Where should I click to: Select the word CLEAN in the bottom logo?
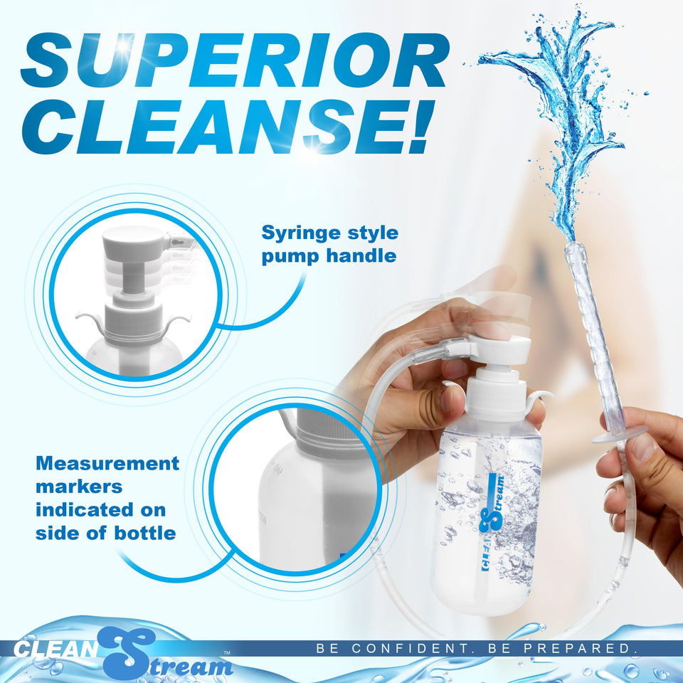coord(55,650)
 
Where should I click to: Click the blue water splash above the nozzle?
coord(562,121)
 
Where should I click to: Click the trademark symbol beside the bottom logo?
coord(227,652)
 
